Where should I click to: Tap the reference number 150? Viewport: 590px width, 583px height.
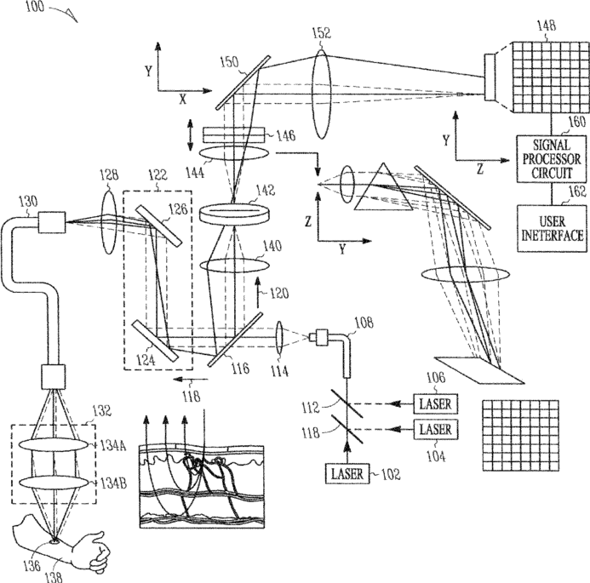[x=229, y=61]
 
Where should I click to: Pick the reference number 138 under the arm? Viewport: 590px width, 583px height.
[x=60, y=574]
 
